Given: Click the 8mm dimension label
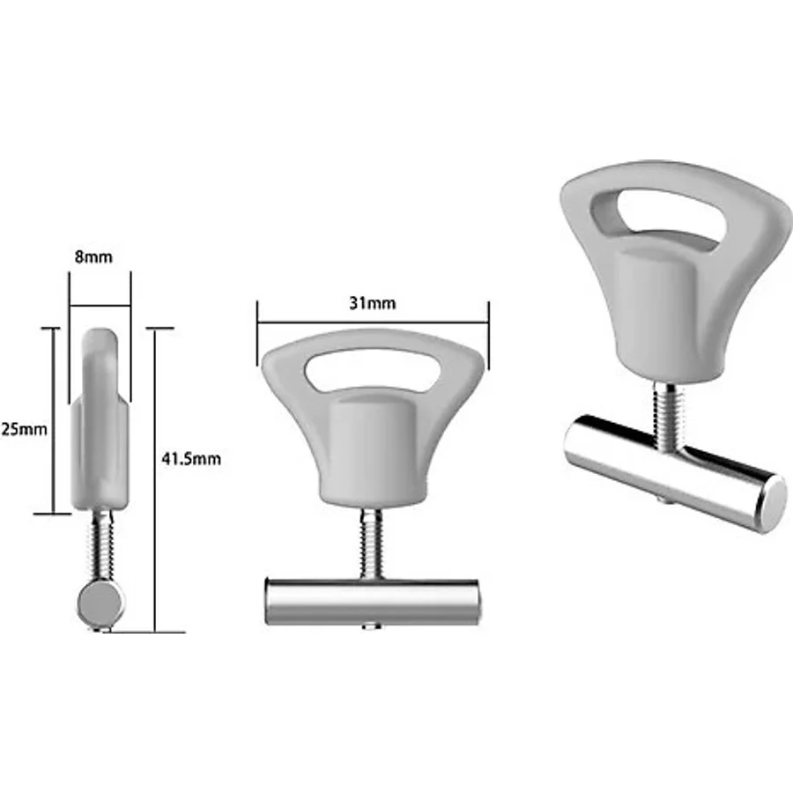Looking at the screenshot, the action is (x=93, y=257).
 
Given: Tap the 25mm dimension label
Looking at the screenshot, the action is (x=24, y=429).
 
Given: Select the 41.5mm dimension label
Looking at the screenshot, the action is (x=191, y=459).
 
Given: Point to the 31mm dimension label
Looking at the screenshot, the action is (x=373, y=303).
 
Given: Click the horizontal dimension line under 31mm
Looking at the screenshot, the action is (x=373, y=322).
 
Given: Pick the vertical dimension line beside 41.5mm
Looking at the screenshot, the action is (x=156, y=480).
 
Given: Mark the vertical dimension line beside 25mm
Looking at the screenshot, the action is (x=52, y=421).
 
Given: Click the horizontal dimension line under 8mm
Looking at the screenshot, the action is (x=100, y=306).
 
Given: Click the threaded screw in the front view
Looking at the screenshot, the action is (x=372, y=544).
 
